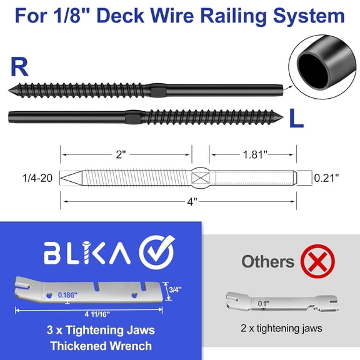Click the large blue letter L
[x=296, y=119]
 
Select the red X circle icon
[x=317, y=261]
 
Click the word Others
[x=267, y=261]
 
